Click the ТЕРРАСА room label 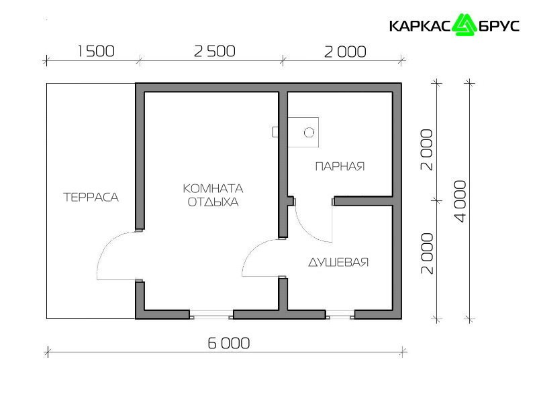[x=91, y=197]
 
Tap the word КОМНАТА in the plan [x=213, y=188]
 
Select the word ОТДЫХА [x=213, y=202]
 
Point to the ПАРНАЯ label [x=340, y=166]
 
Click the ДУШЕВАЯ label [x=338, y=262]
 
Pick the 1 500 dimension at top [x=96, y=52]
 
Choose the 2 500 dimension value [x=214, y=52]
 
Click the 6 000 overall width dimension [x=229, y=343]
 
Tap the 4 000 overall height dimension [x=460, y=202]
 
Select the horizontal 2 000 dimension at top [x=345, y=52]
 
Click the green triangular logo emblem [x=464, y=25]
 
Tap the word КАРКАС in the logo [x=420, y=26]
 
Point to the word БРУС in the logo [x=499, y=26]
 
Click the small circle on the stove [x=309, y=132]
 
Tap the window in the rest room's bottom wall [x=211, y=314]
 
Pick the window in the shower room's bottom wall [x=340, y=314]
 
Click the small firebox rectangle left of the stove [x=275, y=132]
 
